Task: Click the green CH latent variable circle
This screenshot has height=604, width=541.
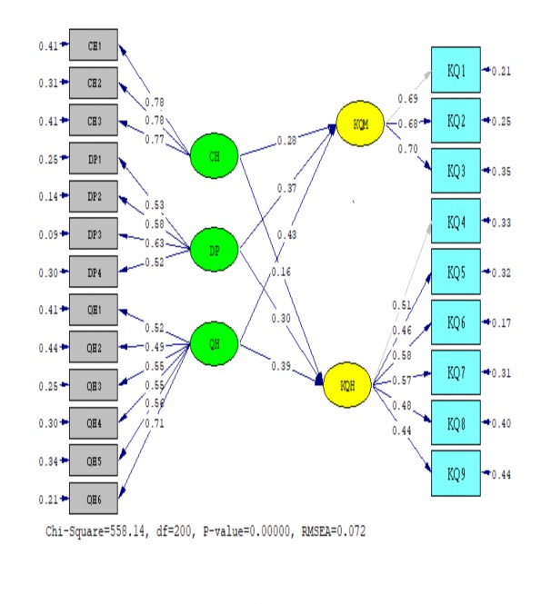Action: [x=215, y=156]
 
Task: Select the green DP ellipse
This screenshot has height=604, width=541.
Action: [x=215, y=248]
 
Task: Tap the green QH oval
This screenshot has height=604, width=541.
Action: [x=215, y=343]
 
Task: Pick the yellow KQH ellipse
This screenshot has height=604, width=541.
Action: [x=348, y=386]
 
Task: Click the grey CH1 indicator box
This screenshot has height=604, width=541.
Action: [x=93, y=45]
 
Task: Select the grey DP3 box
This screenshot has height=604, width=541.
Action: [x=93, y=235]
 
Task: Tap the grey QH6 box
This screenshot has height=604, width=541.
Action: [x=93, y=499]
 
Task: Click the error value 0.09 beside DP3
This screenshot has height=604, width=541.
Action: [x=48, y=235]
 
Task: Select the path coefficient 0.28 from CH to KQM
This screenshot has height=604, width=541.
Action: [x=287, y=141]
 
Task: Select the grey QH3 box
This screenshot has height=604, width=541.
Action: [x=93, y=385]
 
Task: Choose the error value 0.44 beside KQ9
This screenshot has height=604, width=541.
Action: [x=502, y=474]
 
